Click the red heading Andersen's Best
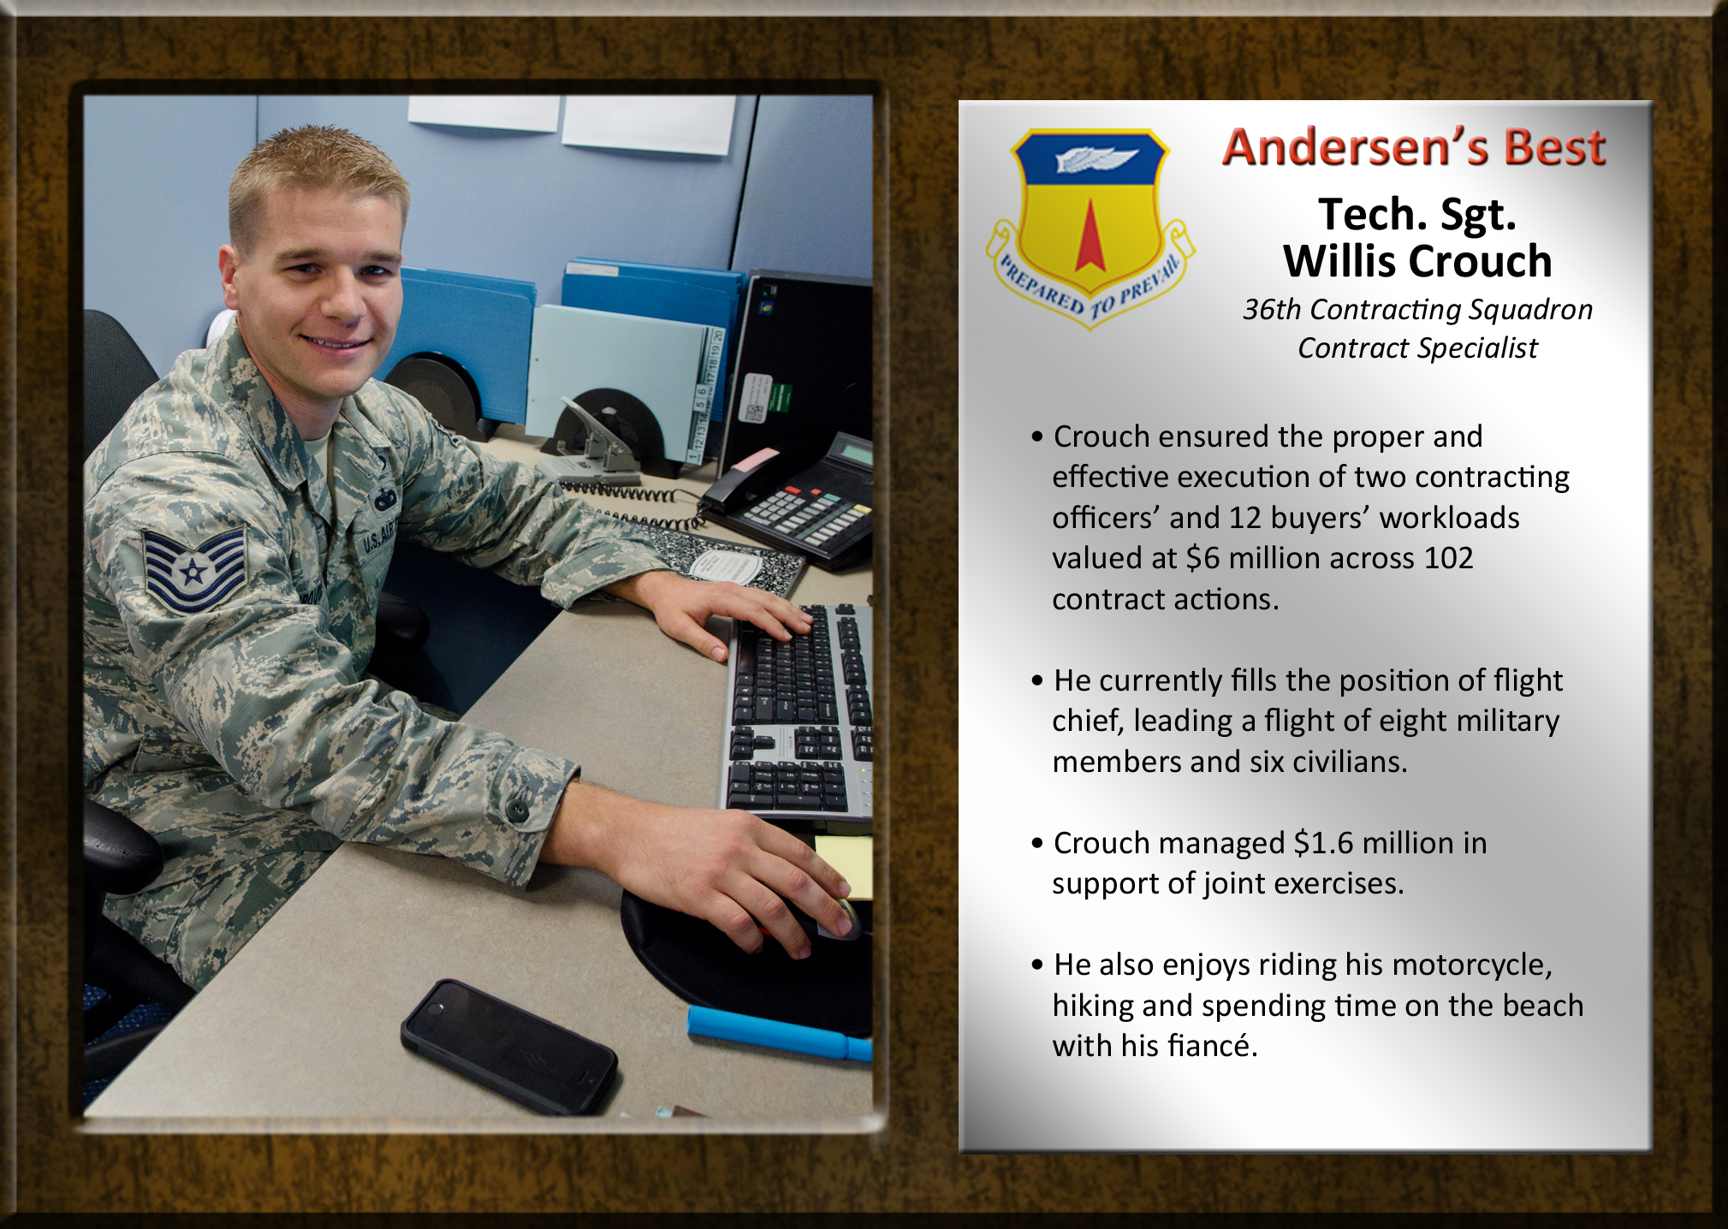(x=1413, y=147)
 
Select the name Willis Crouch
(x=1417, y=261)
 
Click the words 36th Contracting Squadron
(x=1417, y=309)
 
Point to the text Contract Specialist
(x=1417, y=348)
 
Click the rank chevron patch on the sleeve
(x=193, y=568)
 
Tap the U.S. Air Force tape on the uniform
(x=377, y=540)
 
